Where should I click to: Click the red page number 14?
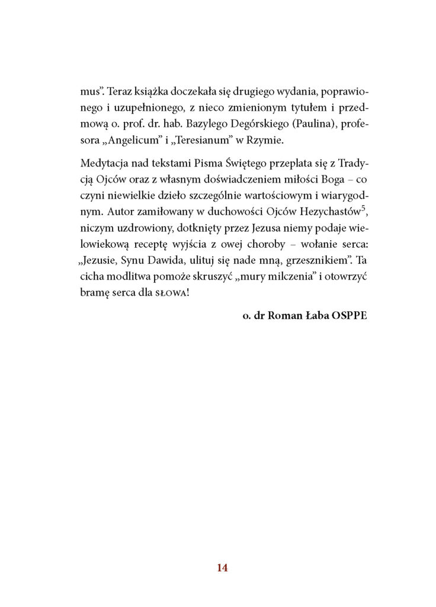222,567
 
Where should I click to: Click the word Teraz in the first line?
120,91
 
